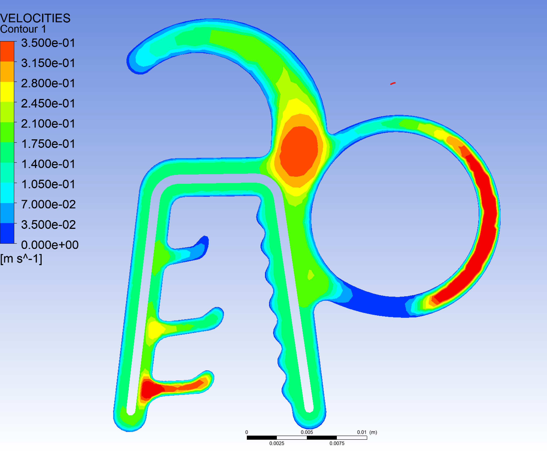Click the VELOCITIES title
(35, 18)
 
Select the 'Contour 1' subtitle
(23, 29)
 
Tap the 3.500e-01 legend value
(48, 43)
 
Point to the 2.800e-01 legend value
(48, 83)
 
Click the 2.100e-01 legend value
(48, 124)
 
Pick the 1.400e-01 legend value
(48, 164)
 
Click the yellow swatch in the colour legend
(7, 92)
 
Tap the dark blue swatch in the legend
(7, 233)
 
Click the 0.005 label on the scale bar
(307, 432)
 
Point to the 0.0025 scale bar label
(277, 443)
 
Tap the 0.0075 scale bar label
(337, 443)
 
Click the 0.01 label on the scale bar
(362, 432)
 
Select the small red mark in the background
(393, 83)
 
